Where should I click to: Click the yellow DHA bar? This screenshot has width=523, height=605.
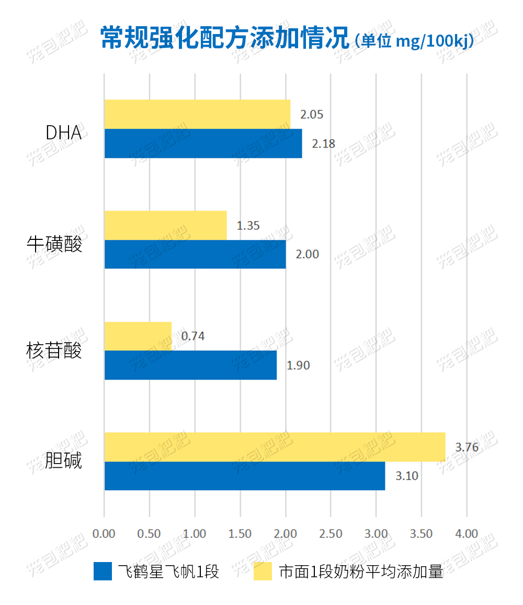[197, 114]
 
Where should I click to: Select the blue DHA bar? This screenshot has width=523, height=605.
[203, 143]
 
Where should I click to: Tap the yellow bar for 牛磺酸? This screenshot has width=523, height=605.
[165, 225]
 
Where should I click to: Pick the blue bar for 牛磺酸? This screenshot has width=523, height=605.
[195, 254]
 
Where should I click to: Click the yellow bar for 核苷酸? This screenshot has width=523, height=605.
[138, 336]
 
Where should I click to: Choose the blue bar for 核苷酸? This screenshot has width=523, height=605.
[190, 365]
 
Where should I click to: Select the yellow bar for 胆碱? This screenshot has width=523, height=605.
[275, 447]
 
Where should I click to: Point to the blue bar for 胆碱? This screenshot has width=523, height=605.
[245, 476]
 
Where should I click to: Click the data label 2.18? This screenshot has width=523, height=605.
[323, 144]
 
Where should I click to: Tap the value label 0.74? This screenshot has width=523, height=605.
[193, 336]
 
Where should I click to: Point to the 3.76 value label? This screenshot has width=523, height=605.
[467, 447]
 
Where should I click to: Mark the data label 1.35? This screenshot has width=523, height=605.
[248, 226]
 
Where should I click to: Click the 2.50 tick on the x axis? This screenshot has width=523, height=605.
[331, 534]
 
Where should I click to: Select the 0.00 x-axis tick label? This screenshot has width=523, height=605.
[104, 534]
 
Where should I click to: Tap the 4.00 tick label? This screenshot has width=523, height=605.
[467, 534]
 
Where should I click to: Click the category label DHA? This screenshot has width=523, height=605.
[64, 133]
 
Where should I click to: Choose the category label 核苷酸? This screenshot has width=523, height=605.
[54, 350]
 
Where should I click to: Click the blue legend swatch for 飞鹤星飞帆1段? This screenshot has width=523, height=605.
[103, 571]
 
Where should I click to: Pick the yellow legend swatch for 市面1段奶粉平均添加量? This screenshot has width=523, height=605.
[263, 571]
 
